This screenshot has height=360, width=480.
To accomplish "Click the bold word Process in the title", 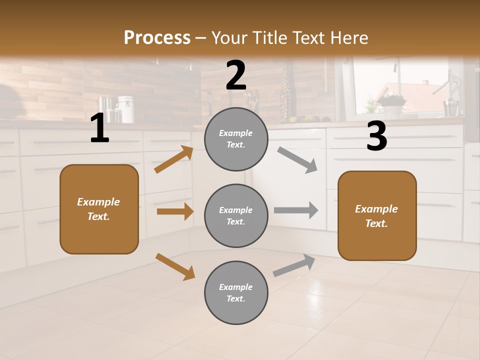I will point(157,37).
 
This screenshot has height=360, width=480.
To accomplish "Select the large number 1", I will point(99,128).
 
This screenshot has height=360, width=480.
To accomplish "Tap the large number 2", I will point(236,75).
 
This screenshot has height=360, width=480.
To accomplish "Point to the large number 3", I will point(376,136).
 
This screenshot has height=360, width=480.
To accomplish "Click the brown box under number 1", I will point(99,209).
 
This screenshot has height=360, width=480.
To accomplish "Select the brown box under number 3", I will point(377,215).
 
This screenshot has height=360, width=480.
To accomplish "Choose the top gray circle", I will point(236,139).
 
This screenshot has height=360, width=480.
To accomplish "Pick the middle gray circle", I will point(236,215).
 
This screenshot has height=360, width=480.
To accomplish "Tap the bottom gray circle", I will point(236,292).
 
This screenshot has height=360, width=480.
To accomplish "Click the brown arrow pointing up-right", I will point(174,159).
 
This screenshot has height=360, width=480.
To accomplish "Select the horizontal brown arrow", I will point(175,211).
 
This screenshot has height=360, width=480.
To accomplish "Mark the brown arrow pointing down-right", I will point(175,266).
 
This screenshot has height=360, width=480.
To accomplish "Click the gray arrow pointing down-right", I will point(297,160).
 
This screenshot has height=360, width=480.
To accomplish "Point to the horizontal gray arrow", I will point(296,210).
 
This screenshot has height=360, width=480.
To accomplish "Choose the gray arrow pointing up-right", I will point(294,265).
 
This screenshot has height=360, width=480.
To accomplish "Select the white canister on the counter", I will point(126,109).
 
